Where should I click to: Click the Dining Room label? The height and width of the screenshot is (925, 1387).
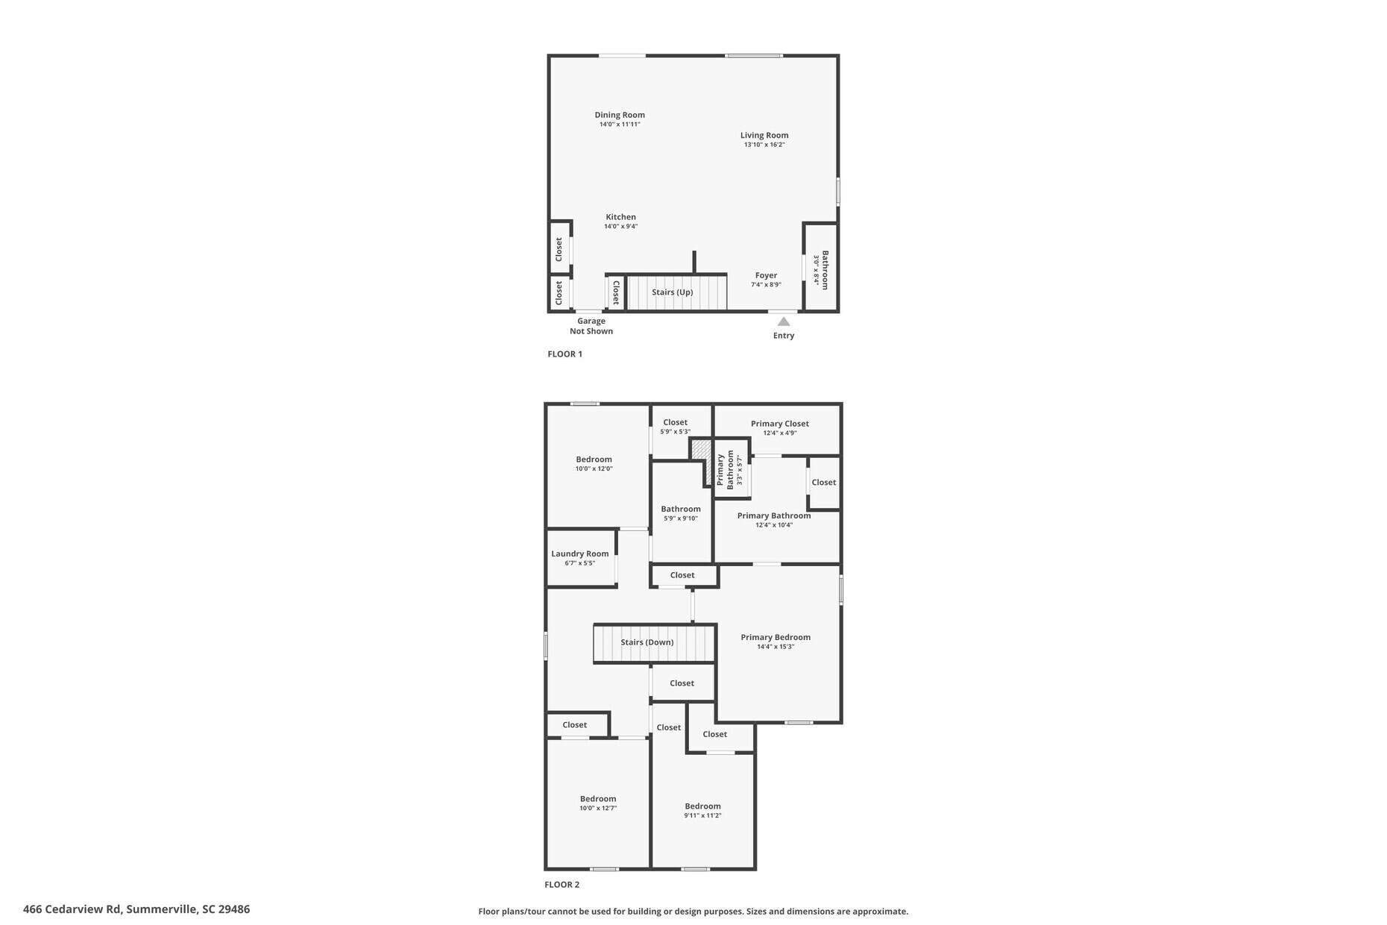620,115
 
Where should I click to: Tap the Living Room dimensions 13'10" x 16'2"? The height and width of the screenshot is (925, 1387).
764,145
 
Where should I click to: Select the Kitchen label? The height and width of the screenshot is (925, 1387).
620,217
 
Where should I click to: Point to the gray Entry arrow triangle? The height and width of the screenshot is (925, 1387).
784,322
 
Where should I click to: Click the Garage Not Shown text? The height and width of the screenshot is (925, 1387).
591,326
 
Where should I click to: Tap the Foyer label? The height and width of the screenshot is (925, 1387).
766,275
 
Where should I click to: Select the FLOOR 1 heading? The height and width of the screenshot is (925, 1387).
564,354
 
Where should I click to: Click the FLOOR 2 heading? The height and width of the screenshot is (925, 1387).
562,885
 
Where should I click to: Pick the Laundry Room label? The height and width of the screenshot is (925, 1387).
580,554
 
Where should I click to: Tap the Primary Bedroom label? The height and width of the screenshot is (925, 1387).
776,637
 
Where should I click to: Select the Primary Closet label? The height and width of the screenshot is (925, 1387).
780,424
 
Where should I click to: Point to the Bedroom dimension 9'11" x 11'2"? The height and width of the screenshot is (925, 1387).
702,816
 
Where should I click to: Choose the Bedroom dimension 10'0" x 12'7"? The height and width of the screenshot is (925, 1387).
598,809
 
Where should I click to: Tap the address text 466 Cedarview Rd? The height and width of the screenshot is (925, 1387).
136,909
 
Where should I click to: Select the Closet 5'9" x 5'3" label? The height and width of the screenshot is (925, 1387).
676,422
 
